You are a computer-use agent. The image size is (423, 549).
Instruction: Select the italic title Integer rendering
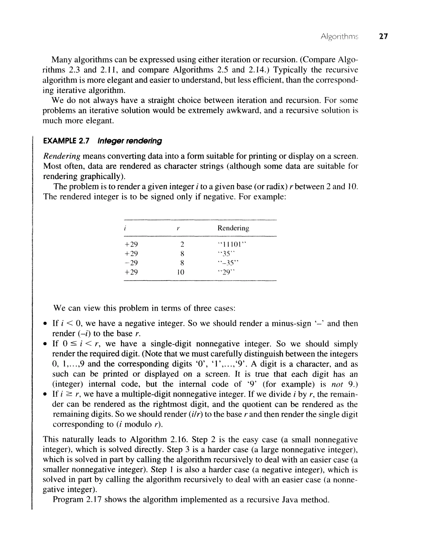point(130,141)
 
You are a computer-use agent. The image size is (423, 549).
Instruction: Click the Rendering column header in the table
point(233,228)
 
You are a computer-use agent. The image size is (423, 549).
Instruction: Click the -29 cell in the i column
point(131,263)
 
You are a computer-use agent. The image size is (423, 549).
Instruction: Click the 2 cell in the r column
point(182,244)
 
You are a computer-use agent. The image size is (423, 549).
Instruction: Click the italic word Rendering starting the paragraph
point(62,156)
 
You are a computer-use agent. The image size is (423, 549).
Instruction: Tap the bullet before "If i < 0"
point(45,324)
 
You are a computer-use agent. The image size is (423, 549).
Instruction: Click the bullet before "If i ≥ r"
point(45,394)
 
